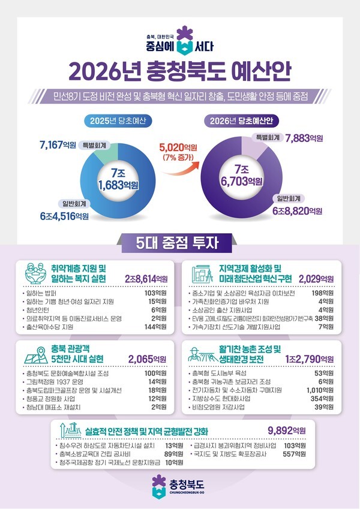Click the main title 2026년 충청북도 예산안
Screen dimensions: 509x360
(180, 70)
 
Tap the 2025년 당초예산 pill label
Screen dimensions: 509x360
(118, 121)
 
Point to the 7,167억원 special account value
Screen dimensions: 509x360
(58, 144)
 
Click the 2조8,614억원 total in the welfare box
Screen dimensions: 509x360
(146, 279)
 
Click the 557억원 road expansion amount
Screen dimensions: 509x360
(296, 454)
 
